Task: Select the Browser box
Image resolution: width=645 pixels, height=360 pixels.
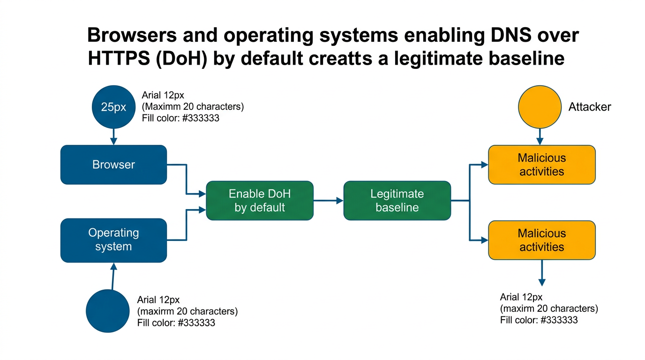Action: (x=113, y=165)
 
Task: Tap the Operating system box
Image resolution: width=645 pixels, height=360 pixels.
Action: (x=113, y=240)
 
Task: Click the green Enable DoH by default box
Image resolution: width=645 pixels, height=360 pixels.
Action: (x=260, y=201)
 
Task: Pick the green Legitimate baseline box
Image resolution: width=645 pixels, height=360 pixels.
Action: (x=397, y=201)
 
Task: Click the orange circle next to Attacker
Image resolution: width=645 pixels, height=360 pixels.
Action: (x=540, y=107)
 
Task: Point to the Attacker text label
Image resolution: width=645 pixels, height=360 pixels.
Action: (x=589, y=107)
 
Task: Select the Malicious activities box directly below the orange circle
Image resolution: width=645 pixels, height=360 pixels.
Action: (x=541, y=165)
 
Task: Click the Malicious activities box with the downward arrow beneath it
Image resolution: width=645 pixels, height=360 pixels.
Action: (x=541, y=240)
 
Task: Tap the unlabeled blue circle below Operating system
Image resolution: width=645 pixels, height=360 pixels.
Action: (x=108, y=311)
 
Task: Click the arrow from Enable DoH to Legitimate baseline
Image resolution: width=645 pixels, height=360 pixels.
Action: (x=328, y=201)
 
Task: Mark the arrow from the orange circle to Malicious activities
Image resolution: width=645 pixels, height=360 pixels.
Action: (x=540, y=136)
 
